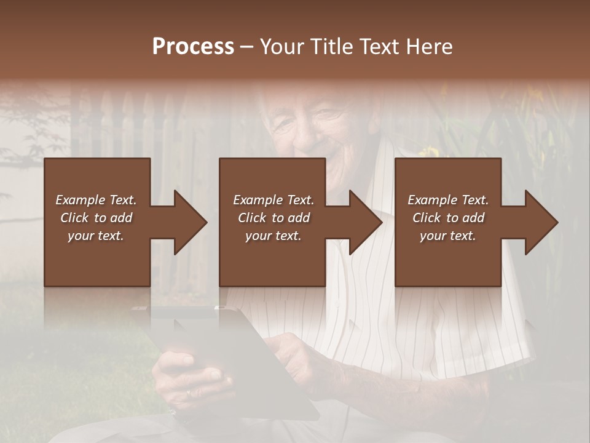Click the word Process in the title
(x=193, y=47)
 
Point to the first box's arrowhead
(x=191, y=222)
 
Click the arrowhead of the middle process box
(x=366, y=222)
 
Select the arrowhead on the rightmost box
(x=542, y=222)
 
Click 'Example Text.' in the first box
(x=96, y=200)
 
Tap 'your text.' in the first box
(x=96, y=236)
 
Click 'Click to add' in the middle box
(x=273, y=218)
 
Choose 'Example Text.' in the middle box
(x=273, y=200)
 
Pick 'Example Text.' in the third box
(x=448, y=200)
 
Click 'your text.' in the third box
(x=448, y=236)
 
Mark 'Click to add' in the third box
(x=448, y=218)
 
